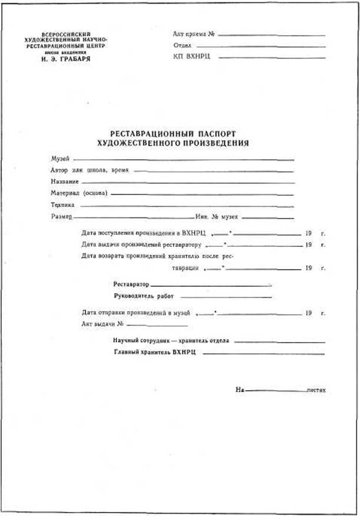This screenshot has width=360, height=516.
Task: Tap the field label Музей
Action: [x=60, y=159]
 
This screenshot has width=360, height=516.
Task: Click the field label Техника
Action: [x=62, y=205]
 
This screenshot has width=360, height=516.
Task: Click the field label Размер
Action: [x=61, y=217]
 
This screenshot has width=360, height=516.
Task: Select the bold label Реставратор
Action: [x=131, y=284]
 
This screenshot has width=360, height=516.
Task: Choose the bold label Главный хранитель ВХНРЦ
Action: [x=154, y=353]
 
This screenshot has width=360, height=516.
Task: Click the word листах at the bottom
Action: [x=316, y=390]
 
